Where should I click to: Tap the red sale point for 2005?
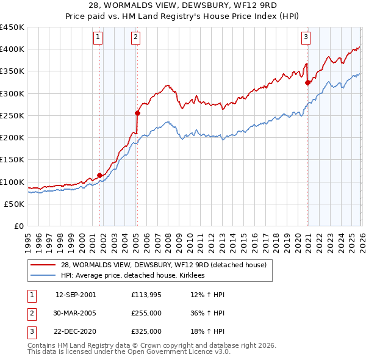pos(138,113)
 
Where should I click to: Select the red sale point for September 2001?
pos(99,175)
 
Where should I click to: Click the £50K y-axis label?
pos(15,204)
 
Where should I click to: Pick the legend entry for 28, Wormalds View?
pos(163,265)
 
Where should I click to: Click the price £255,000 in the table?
pos(146,313)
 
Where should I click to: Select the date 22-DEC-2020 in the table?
pos(76,331)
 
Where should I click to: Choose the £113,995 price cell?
pos(146,295)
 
